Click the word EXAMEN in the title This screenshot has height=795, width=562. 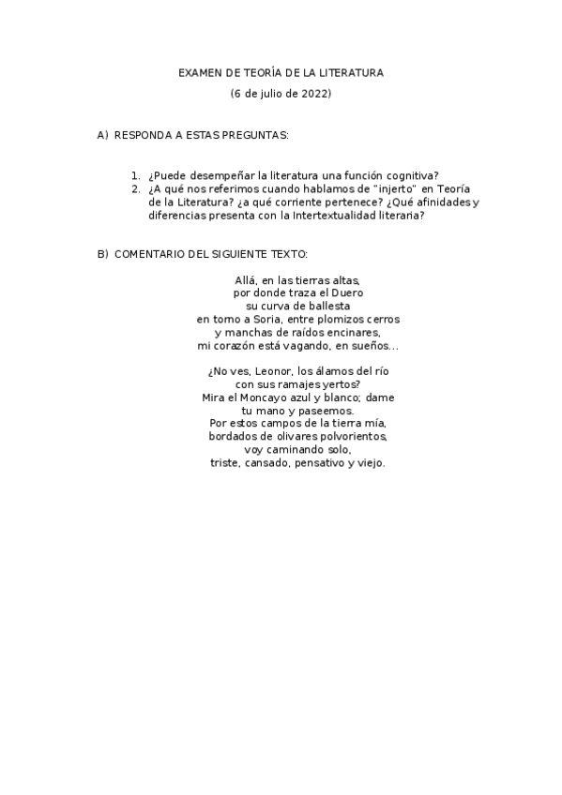[x=199, y=72]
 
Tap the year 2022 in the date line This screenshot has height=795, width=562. [x=314, y=94]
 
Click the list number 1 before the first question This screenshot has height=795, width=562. [x=136, y=175]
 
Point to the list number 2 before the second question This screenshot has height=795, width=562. [x=136, y=188]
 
